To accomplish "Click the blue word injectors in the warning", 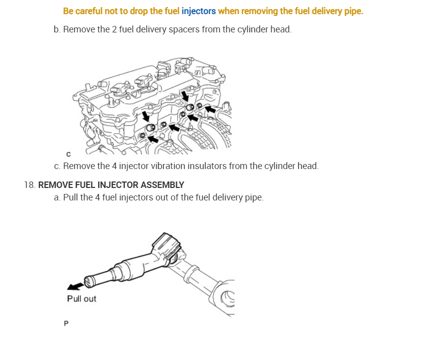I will [199, 11].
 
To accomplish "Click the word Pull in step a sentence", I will [71, 197].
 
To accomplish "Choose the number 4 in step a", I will [97, 197].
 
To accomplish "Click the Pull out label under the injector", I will [81, 299].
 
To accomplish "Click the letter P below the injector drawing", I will [66, 324].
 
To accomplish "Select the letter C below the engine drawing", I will [68, 154].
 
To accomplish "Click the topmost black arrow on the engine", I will [185, 95].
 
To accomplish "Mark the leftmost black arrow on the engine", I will [146, 116].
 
